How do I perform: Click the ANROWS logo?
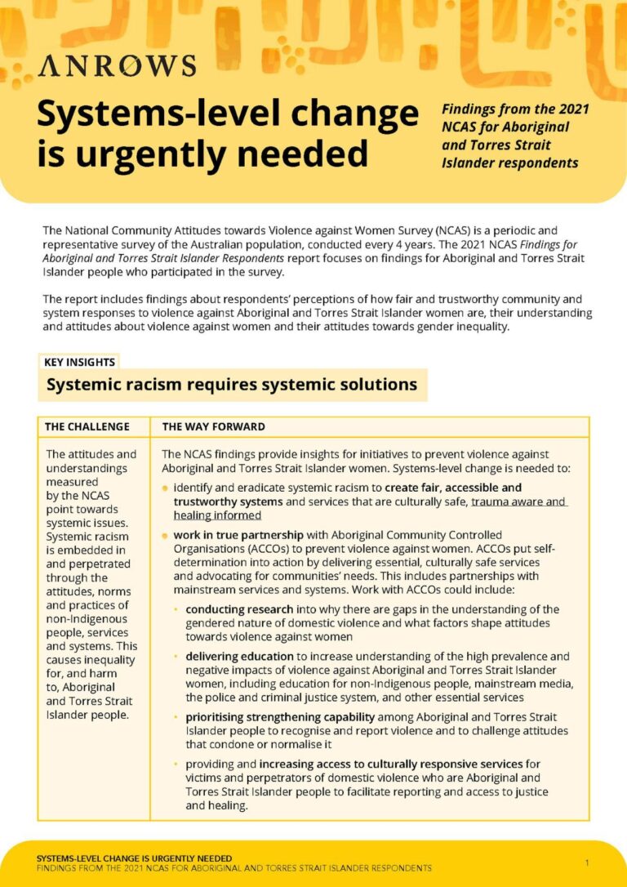(116, 66)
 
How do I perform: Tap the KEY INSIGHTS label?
(79, 362)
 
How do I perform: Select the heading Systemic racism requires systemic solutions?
(232, 384)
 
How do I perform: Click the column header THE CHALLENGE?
(87, 426)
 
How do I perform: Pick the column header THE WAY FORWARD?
(213, 426)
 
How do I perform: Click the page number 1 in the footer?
(587, 862)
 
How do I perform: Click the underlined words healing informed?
(217, 515)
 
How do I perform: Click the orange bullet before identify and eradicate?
(165, 488)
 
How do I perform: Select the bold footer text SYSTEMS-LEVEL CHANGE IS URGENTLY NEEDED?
(134, 858)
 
